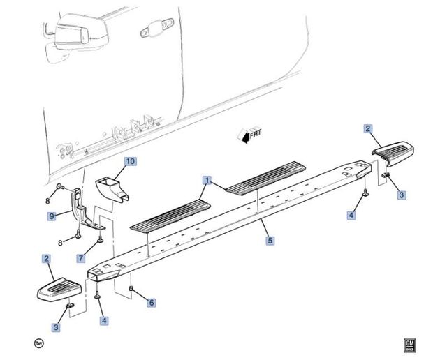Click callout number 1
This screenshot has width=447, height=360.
click(207, 179)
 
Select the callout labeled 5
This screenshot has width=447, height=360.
click(270, 241)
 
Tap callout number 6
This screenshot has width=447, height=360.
click(152, 303)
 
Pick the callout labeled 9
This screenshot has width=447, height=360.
click(52, 217)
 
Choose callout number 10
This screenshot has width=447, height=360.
click(130, 162)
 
